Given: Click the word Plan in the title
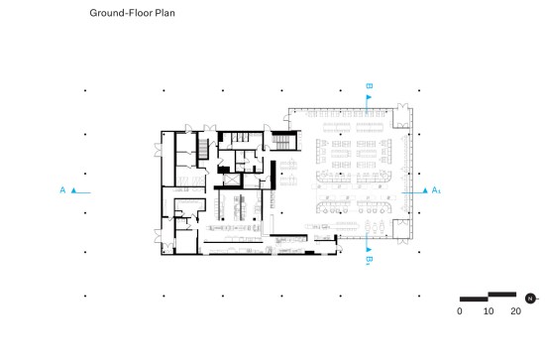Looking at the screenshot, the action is pyautogui.click(x=164, y=13).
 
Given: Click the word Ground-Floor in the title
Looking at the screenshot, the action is pyautogui.click(x=121, y=13).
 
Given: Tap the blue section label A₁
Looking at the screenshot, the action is pyautogui.click(x=436, y=190).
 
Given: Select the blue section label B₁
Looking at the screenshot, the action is pyautogui.click(x=370, y=260).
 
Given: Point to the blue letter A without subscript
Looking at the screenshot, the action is pyautogui.click(x=62, y=190).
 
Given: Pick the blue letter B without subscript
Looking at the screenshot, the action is pyautogui.click(x=370, y=85).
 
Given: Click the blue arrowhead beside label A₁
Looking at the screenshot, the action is pyautogui.click(x=425, y=190).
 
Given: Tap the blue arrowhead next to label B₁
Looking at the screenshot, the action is pyautogui.click(x=369, y=250).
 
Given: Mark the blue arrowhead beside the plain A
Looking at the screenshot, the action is pyautogui.click(x=73, y=190).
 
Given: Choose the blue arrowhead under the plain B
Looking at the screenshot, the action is pyautogui.click(x=369, y=97).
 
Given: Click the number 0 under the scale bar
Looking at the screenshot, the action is pyautogui.click(x=460, y=311).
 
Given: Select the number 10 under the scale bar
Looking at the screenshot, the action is pyautogui.click(x=489, y=311).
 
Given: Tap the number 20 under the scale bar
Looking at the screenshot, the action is pyautogui.click(x=516, y=311).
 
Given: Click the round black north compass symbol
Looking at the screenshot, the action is pyautogui.click(x=530, y=299).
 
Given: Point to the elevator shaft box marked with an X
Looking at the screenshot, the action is pyautogui.click(x=232, y=180).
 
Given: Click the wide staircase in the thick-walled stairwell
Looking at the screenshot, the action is pyautogui.click(x=280, y=142).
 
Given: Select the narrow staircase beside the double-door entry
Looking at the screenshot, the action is pyautogui.click(x=203, y=149).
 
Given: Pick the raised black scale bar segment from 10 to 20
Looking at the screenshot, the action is pyautogui.click(x=502, y=295).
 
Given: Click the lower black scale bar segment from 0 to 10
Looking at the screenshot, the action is pyautogui.click(x=474, y=299).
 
